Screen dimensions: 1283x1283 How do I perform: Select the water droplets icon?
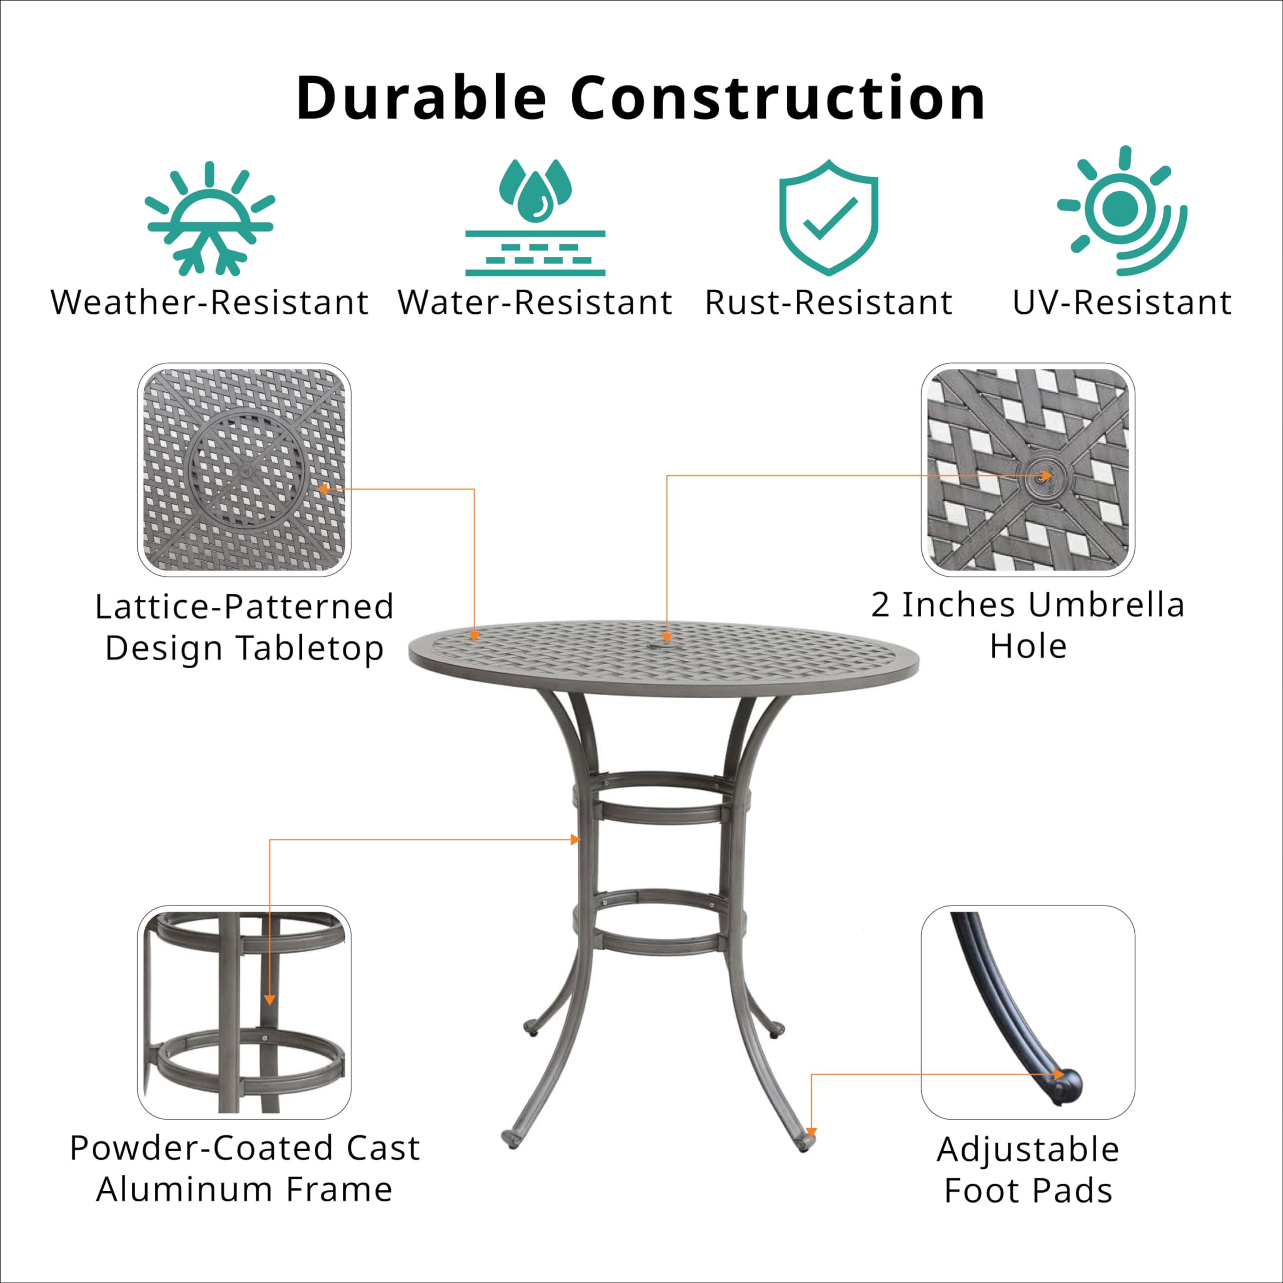[535, 218]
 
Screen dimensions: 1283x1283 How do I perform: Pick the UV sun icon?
[1122, 210]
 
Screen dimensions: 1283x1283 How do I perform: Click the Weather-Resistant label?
[210, 303]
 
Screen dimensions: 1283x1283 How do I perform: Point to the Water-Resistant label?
[535, 303]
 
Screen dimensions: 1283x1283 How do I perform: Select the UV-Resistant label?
[1122, 303]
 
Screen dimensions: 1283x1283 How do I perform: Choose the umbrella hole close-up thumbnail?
[1027, 470]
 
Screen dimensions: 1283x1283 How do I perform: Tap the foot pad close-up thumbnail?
[1027, 1012]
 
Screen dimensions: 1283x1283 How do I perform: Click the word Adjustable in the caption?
[1028, 1150]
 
